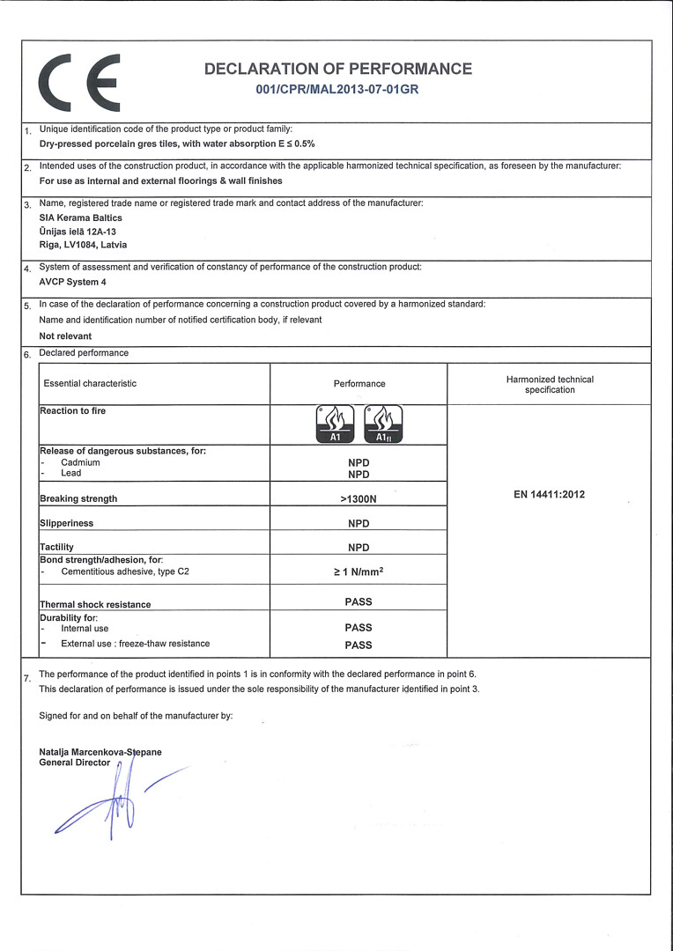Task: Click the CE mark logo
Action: [x=78, y=82]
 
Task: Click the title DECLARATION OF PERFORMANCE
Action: [x=337, y=69]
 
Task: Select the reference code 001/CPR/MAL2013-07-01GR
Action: [x=336, y=90]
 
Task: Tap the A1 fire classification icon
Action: [x=334, y=424]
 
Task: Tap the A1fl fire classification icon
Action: [x=383, y=424]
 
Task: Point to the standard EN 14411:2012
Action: [x=549, y=495]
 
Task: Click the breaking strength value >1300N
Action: [x=359, y=498]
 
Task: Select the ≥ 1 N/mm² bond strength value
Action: [x=359, y=571]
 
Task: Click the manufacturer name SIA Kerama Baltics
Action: [x=81, y=217]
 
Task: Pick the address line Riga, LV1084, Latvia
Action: [x=84, y=245]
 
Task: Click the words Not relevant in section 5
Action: [x=66, y=336]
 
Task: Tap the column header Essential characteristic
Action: [x=91, y=384]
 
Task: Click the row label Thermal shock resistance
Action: [x=95, y=605]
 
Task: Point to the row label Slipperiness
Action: [x=67, y=523]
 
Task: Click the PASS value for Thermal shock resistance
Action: [x=359, y=602]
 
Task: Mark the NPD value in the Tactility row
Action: [x=359, y=548]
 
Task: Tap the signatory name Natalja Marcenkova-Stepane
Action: [x=100, y=752]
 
